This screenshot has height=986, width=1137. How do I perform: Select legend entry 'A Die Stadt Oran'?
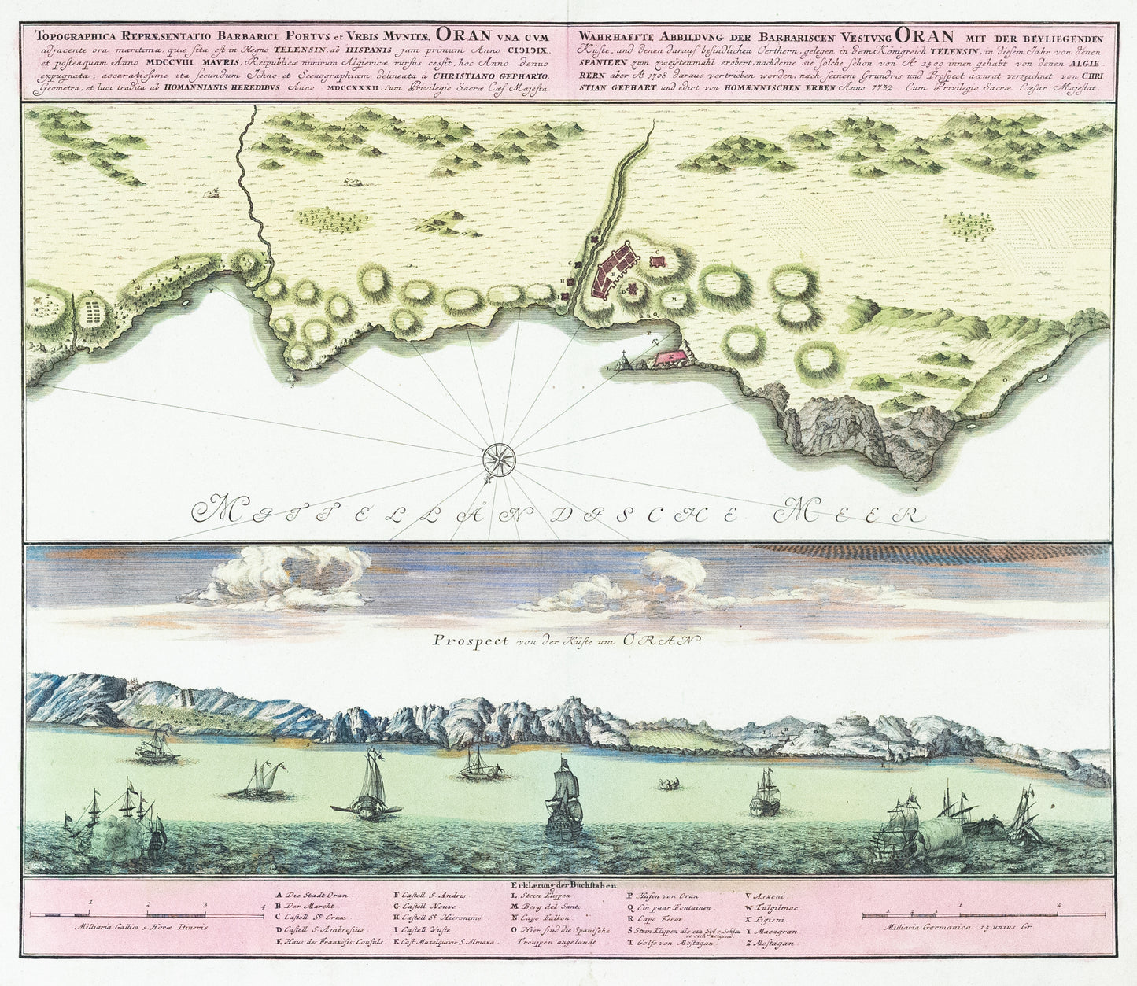312,895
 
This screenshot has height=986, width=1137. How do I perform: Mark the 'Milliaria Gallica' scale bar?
146,914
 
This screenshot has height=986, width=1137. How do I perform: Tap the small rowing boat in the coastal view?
670,783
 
